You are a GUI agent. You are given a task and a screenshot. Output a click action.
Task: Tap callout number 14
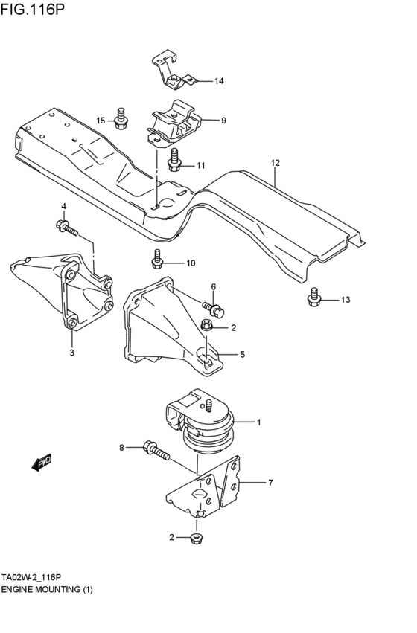click(219, 81)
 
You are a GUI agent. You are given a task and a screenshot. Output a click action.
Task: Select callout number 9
click(223, 120)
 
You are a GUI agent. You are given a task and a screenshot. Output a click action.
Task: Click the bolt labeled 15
click(121, 116)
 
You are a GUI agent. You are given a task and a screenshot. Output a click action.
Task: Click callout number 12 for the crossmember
click(275, 162)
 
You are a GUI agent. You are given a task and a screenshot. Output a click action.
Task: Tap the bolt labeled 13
click(313, 298)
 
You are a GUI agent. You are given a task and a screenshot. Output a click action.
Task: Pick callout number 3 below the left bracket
click(72, 353)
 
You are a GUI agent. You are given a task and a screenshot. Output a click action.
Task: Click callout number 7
click(270, 483)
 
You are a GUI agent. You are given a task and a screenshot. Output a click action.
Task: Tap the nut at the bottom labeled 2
click(197, 538)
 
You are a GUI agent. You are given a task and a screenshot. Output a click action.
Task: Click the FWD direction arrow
click(41, 463)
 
